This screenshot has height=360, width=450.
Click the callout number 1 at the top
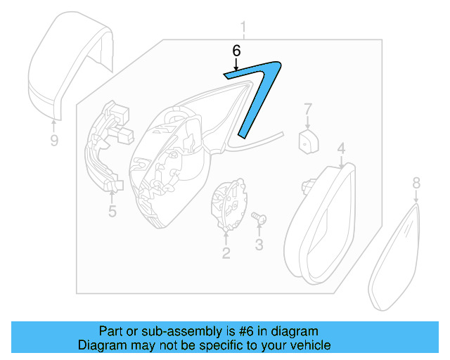coord(244,28)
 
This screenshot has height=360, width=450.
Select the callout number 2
coord(226,253)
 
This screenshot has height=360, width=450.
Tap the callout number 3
coord(259,245)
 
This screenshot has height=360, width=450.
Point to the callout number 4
coord(340,148)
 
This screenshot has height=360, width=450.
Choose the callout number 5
coord(112,212)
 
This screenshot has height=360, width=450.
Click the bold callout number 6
coord(236,51)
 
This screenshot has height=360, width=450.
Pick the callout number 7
coord(307,109)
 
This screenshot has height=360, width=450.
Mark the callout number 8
coord(416,183)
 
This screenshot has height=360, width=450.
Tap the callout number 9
coord(54,141)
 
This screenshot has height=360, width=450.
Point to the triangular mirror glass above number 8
coord(398,257)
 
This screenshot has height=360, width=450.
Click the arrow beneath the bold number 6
coord(236,64)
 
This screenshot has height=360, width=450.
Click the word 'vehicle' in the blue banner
coord(305,345)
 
